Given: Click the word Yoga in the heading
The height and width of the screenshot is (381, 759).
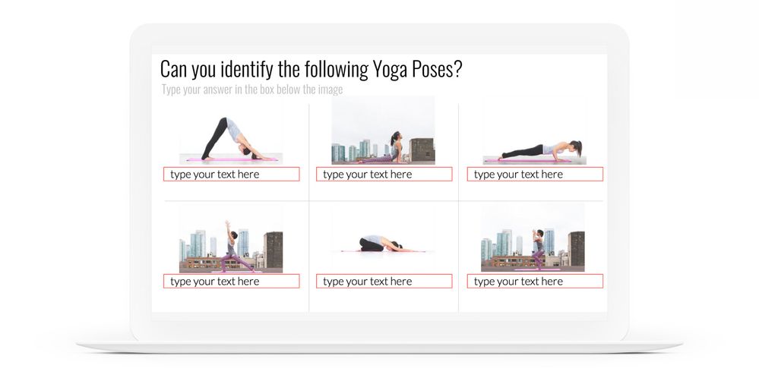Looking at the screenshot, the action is click(391, 70).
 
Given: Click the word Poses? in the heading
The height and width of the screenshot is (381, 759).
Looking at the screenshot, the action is click(437, 69).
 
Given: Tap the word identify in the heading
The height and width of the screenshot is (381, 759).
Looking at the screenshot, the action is click(247, 70).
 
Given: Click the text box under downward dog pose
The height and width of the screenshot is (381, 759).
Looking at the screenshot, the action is click(232, 174).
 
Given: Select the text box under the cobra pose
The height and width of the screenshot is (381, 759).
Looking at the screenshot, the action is click(384, 174).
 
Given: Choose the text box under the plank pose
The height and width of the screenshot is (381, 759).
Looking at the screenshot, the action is click(535, 174).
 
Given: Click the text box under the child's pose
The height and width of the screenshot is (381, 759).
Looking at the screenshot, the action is click(384, 281).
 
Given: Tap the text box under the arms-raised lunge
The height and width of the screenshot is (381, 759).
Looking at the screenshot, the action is click(232, 281).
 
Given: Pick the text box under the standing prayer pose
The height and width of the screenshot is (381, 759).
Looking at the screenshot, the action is click(535, 281).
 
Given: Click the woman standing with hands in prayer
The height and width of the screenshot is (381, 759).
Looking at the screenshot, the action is click(538, 249).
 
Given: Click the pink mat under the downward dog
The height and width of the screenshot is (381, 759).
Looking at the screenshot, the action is click(232, 159).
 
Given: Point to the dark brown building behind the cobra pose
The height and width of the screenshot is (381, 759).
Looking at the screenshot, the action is click(422, 151).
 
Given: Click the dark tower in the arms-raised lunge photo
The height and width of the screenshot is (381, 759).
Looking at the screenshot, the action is click(274, 250).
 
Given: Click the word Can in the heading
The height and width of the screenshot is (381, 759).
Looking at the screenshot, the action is click(174, 70).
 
